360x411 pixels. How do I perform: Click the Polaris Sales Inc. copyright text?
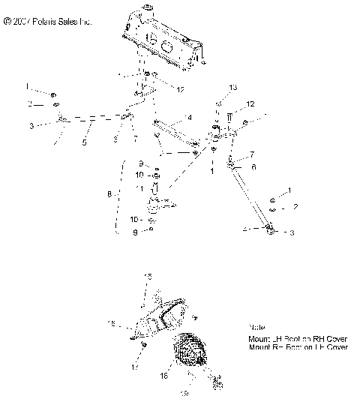coord(48,23)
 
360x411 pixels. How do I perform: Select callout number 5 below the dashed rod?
coord(85,142)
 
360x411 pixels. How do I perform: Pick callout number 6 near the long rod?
coord(253,167)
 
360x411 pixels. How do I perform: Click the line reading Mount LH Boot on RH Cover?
coord(298,338)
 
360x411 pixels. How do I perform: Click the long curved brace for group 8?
coord(118,197)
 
